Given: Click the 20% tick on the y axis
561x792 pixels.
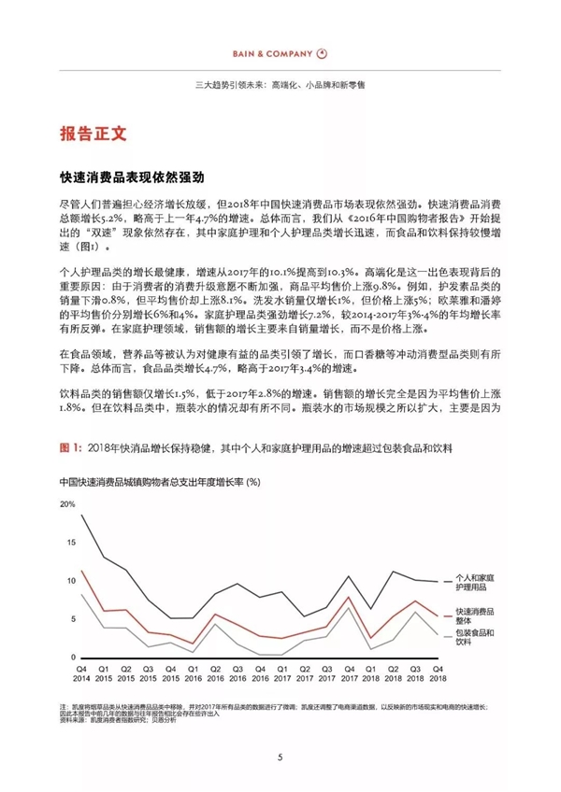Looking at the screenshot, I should tap(66, 504).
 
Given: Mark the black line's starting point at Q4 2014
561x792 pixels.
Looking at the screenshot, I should tap(82, 516).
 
